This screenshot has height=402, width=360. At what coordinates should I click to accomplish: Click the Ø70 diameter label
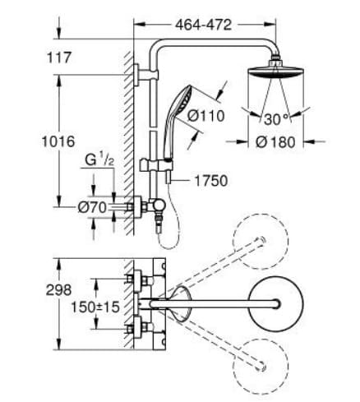click(x=92, y=207)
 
